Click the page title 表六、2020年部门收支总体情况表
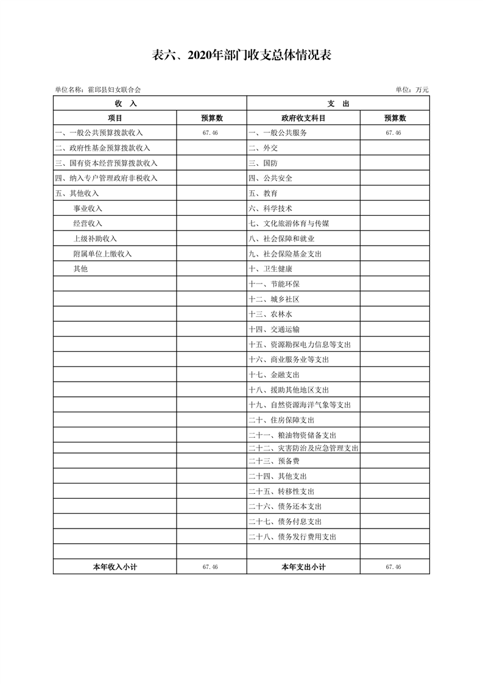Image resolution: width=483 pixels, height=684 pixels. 241,55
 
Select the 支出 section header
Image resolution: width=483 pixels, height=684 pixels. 338,104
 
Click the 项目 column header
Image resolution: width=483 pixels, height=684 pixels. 115,118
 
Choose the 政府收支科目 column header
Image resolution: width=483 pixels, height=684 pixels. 303,118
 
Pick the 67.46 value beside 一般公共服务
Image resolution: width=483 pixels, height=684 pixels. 393,133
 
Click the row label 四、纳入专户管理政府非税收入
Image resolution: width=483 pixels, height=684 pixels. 106,178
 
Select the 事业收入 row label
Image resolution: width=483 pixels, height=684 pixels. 88,208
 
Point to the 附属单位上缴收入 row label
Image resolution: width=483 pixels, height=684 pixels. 102,254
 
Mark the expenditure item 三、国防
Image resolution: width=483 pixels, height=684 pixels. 263,163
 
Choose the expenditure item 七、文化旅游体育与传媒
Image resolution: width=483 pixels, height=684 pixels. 289,224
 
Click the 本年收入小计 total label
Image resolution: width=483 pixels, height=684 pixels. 115,567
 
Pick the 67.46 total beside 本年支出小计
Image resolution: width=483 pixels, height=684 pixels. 393,567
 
